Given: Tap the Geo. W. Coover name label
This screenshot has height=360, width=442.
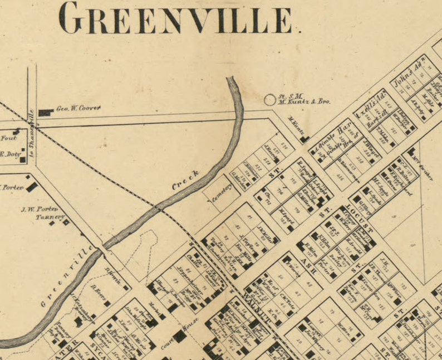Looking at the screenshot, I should pyautogui.click(x=77, y=109).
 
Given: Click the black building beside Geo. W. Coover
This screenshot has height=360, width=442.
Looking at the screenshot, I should pyautogui.click(x=45, y=113).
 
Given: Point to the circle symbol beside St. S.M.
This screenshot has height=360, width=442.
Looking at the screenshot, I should pyautogui.click(x=269, y=100).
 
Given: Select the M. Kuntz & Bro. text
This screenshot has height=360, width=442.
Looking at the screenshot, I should pyautogui.click(x=305, y=102).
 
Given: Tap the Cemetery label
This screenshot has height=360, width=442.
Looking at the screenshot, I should pyautogui.click(x=221, y=193).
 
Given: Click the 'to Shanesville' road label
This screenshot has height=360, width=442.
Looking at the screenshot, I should pyautogui.click(x=32, y=132).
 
